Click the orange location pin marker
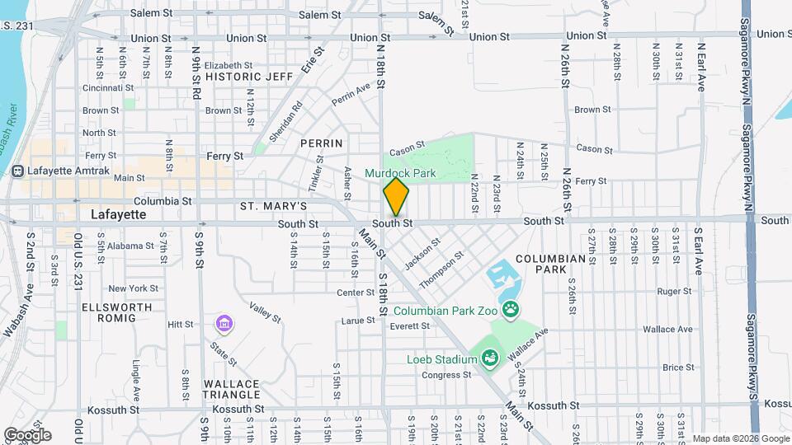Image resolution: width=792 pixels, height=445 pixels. pyautogui.click(x=396, y=197)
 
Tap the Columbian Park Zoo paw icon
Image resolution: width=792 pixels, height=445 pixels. pyautogui.click(x=511, y=310)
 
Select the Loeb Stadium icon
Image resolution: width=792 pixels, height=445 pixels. pyautogui.click(x=489, y=358)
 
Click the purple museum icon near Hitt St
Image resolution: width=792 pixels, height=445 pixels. pyautogui.click(x=223, y=323)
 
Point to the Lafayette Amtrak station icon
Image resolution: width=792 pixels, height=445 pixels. pyautogui.click(x=17, y=171)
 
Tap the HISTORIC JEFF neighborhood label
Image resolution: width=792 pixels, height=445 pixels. pyautogui.click(x=249, y=77)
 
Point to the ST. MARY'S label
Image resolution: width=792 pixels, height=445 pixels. pyautogui.click(x=274, y=205)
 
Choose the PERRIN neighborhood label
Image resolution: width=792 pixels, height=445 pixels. pyautogui.click(x=321, y=143)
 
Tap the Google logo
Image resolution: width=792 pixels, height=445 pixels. pyautogui.click(x=26, y=434)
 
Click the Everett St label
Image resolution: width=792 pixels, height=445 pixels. pyautogui.click(x=411, y=326)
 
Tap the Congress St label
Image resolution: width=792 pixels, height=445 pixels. pyautogui.click(x=446, y=375)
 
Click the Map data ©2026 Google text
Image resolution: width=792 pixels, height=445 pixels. pyautogui.click(x=740, y=438)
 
